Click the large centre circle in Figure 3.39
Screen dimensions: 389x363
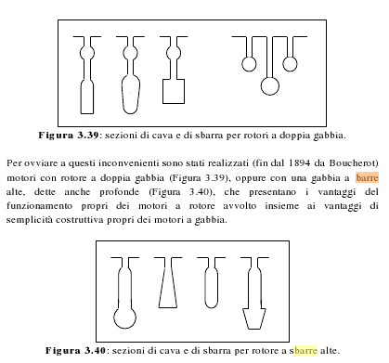[271, 85]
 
